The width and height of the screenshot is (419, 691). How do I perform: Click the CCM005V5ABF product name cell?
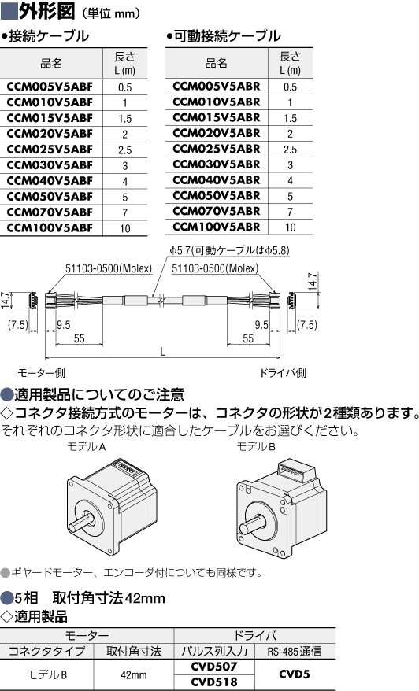[x=50, y=87]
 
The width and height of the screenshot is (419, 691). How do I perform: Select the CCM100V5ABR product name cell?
[x=216, y=227]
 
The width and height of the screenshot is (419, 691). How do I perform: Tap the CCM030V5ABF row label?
[x=50, y=164]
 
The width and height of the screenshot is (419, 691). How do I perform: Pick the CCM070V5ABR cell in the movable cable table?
[x=216, y=211]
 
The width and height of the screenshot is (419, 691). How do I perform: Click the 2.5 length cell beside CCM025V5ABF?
[x=124, y=150]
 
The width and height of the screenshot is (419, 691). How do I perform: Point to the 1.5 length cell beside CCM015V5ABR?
[x=290, y=118]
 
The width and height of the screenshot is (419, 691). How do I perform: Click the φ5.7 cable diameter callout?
[x=229, y=250]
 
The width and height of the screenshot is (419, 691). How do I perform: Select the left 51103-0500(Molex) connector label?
[x=109, y=268]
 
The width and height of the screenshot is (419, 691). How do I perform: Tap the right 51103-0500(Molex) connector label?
[x=215, y=268]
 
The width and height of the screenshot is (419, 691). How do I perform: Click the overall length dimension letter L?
[x=163, y=352]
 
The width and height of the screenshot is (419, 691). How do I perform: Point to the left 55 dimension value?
[x=80, y=338]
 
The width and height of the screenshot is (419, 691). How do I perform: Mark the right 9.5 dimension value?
[x=261, y=325]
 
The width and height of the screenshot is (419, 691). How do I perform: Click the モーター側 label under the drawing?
[x=42, y=373]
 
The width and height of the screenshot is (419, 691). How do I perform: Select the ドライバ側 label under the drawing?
[x=282, y=373]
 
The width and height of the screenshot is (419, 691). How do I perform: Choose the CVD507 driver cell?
[x=214, y=667]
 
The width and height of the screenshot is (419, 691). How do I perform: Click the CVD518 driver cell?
[x=214, y=682]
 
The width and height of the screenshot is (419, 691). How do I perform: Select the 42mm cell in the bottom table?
[x=134, y=674]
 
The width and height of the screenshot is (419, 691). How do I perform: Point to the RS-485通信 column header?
[x=295, y=652]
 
